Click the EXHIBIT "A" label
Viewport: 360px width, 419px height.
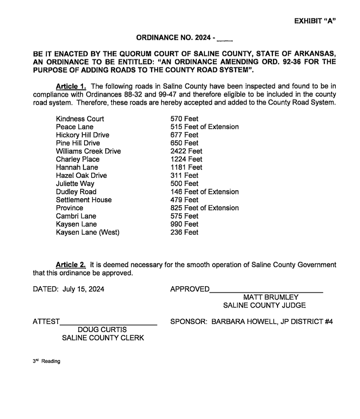click(x=315, y=21)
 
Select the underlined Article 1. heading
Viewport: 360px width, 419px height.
click(x=71, y=86)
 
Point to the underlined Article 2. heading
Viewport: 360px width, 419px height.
click(x=70, y=265)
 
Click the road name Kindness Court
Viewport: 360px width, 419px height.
click(x=80, y=119)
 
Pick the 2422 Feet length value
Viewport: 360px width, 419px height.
click(x=186, y=151)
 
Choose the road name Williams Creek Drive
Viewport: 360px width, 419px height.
click(x=88, y=151)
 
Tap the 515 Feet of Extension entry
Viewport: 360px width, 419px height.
click(x=204, y=127)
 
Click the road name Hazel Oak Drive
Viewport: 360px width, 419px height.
click(x=81, y=175)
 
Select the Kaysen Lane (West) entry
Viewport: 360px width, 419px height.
click(x=88, y=232)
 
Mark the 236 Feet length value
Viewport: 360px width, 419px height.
click(x=184, y=232)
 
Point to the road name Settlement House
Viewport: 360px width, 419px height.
click(x=84, y=200)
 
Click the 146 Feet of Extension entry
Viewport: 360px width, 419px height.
click(x=204, y=192)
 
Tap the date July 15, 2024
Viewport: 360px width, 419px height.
click(x=83, y=289)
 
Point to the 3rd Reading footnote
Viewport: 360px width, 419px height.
click(x=47, y=361)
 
